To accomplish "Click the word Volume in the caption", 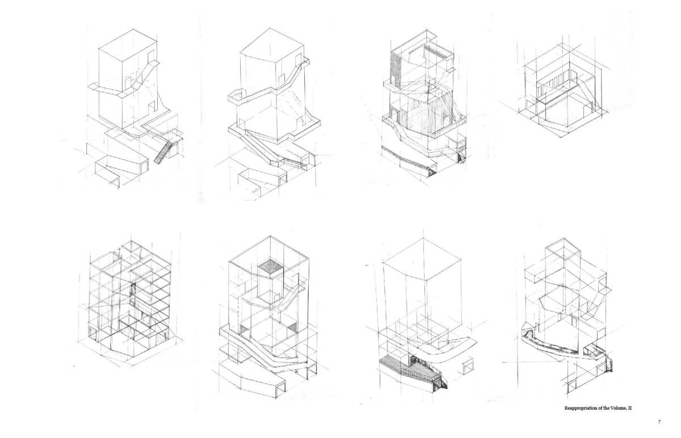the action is (x=616, y=408).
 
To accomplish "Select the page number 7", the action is (x=659, y=422).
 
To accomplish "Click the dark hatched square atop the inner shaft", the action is (x=271, y=267).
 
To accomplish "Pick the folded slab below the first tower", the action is (x=121, y=169).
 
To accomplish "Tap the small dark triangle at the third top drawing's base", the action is (x=432, y=174).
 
